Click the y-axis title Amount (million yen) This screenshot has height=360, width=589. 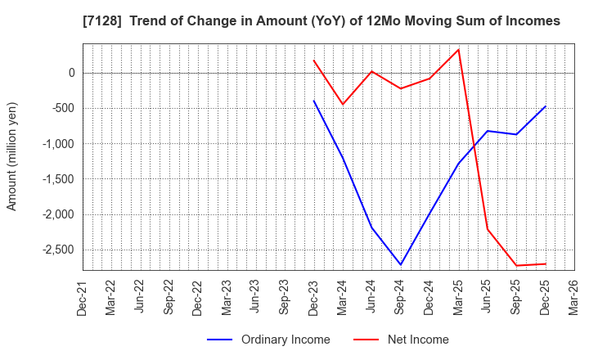[x=11, y=156]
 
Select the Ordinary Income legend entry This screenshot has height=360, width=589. [x=270, y=340]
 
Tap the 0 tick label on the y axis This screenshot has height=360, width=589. [x=71, y=73]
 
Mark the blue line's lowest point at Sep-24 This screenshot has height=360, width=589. [x=401, y=264]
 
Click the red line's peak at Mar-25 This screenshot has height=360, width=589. [x=459, y=49]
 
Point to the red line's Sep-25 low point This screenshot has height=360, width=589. [x=516, y=265]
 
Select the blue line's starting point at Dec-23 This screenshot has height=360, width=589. [x=314, y=101]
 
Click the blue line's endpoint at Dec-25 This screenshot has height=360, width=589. [x=545, y=106]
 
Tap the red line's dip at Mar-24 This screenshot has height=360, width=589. [x=343, y=104]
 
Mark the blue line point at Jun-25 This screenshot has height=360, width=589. [x=488, y=131]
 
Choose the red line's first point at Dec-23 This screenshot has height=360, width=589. [x=314, y=61]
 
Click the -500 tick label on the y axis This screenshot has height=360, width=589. [x=61, y=108]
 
